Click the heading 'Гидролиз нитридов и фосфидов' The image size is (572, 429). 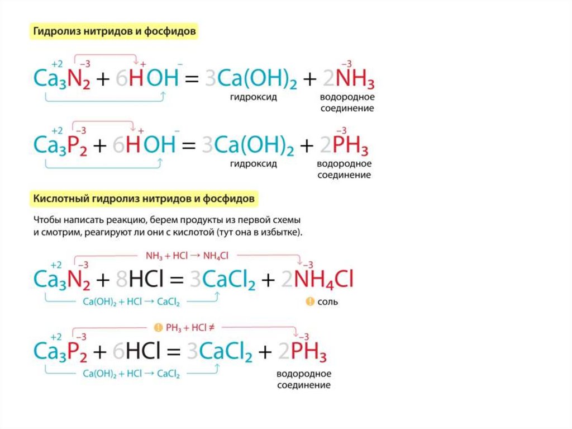click(115, 32)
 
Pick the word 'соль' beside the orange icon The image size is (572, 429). click(328, 301)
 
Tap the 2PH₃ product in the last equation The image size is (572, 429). click(302, 351)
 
